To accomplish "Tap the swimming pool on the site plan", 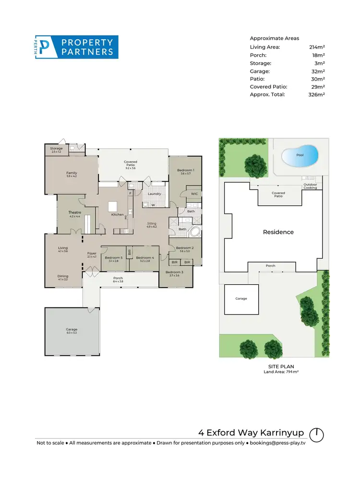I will [300, 156].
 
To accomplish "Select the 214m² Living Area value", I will [317, 47].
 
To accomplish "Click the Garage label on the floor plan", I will [72, 329].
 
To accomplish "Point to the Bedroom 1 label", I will [186, 170].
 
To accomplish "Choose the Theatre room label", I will [74, 212].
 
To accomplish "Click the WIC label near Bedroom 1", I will [194, 194].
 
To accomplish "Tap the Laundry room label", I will [154, 194].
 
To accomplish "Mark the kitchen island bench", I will [113, 206].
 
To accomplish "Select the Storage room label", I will [57, 148].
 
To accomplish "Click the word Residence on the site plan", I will [278, 232].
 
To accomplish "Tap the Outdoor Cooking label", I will [310, 186].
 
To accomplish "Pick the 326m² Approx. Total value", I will [316, 94].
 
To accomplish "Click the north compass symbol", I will [316, 434].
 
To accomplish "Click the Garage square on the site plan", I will [241, 298].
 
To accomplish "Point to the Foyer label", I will [92, 254].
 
